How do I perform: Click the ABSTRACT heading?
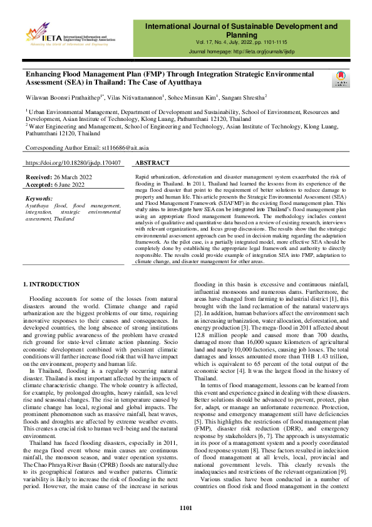tap(152, 163)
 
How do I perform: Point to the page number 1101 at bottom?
tap(186, 508)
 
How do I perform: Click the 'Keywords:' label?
tap(39, 197)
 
